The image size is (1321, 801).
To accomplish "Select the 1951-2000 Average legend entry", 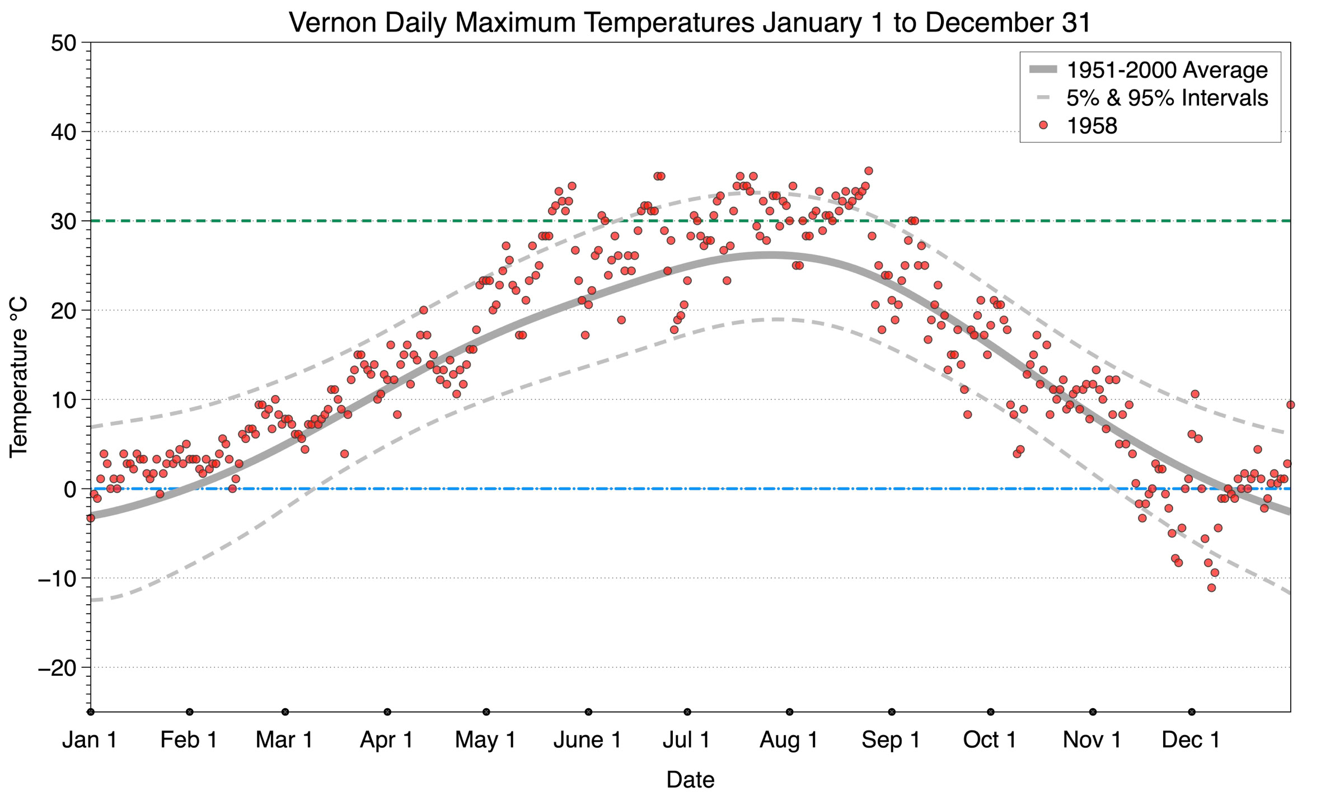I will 1167,70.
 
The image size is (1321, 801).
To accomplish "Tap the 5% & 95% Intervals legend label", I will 1167,98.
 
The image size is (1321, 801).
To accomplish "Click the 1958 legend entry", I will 1092,126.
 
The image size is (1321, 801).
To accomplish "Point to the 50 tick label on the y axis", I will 63,44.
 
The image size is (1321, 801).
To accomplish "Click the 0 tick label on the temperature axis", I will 70,489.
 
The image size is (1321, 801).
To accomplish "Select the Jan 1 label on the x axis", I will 90,740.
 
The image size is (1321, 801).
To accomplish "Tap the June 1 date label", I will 587,740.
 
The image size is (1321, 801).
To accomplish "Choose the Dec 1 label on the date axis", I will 1191,740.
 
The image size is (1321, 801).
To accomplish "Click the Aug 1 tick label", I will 788,740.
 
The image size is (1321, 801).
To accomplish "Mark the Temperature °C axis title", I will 18,377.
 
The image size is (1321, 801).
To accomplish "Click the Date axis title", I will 690,780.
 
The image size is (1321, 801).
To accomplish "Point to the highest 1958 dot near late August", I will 868,171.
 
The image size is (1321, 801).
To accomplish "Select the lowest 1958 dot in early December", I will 1211,588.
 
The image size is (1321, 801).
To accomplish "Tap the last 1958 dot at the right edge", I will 1290,404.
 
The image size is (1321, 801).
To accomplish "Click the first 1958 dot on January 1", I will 91,518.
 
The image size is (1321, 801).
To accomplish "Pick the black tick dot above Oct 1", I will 991,712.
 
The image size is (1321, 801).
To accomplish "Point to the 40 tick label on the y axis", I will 63,133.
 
